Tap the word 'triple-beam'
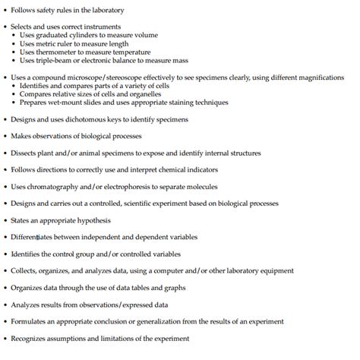[x=52, y=60]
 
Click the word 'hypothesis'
[x=93, y=220]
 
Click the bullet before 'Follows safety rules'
[x=5, y=10]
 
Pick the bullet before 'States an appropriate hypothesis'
[x=5, y=220]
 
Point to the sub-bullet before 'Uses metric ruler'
[x=17, y=43]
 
